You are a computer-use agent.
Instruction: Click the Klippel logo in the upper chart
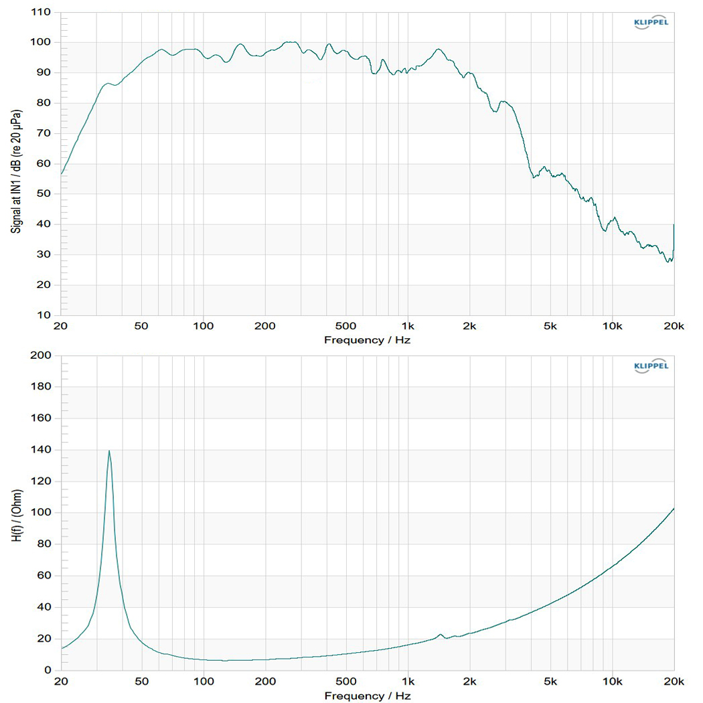coord(650,23)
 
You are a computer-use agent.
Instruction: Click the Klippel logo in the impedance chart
coord(650,366)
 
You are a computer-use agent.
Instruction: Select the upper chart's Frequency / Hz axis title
coord(367,339)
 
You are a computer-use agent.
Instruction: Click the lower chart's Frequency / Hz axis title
coord(367,696)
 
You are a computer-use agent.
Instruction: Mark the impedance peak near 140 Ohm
coord(109,451)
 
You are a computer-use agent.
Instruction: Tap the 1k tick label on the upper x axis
coord(408,326)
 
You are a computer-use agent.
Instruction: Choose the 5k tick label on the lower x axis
coord(550,682)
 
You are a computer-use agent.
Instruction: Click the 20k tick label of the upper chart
coord(674,326)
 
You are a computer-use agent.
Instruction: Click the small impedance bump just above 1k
coord(441,634)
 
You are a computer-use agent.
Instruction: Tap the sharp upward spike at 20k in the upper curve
coord(674,226)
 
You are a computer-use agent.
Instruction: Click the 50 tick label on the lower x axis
coord(142,682)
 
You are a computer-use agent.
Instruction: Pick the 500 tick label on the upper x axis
coord(346,326)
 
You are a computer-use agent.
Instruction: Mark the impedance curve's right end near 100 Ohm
coord(674,509)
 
